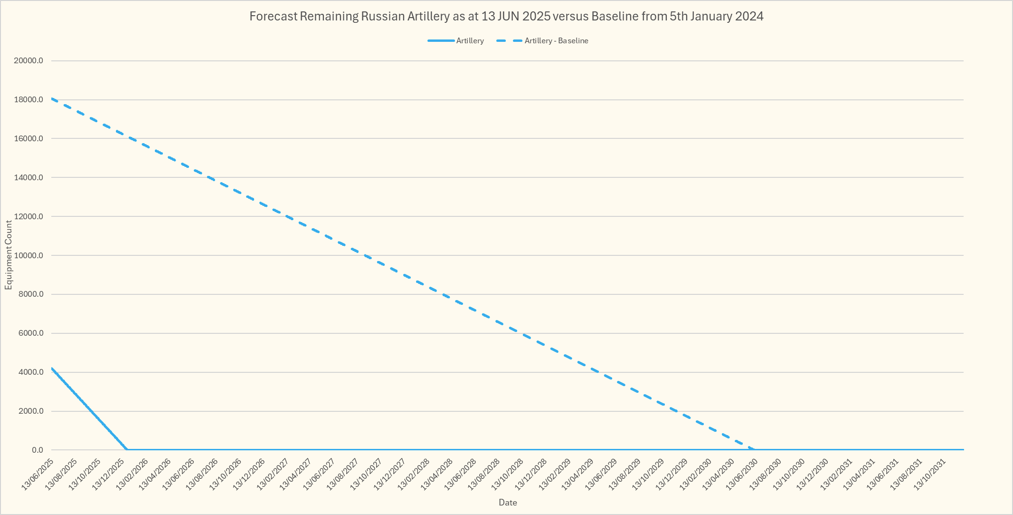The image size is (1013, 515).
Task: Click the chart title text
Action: point(506,17)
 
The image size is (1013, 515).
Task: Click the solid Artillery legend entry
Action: point(469,41)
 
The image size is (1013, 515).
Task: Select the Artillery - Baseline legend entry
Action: point(556,41)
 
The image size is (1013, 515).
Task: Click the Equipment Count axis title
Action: point(9,255)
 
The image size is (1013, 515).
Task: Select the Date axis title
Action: point(508,503)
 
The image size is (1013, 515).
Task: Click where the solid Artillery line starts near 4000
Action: point(52,368)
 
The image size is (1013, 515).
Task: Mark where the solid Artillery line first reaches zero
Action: point(127,450)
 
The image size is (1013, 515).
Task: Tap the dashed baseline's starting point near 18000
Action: point(52,99)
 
